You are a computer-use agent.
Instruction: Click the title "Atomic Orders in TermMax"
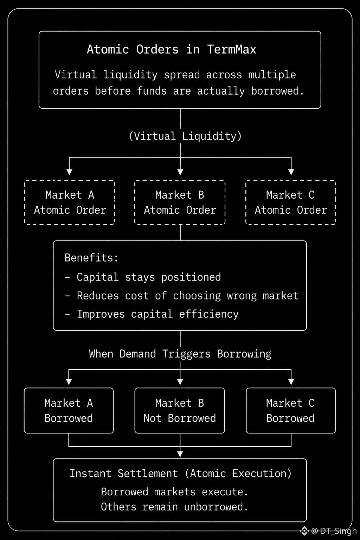172,49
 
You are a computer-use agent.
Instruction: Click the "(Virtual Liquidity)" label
185,136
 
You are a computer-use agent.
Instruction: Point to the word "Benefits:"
91,258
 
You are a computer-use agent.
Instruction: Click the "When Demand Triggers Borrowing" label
180,354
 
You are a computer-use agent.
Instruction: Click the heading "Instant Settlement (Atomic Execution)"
180,474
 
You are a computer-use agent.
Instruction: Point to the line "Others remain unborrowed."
174,507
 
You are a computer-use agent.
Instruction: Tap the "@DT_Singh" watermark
334,531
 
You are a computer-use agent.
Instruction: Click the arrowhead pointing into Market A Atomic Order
70,172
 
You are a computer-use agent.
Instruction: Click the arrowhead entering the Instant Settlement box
180,454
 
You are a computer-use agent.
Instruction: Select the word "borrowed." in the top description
277,91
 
